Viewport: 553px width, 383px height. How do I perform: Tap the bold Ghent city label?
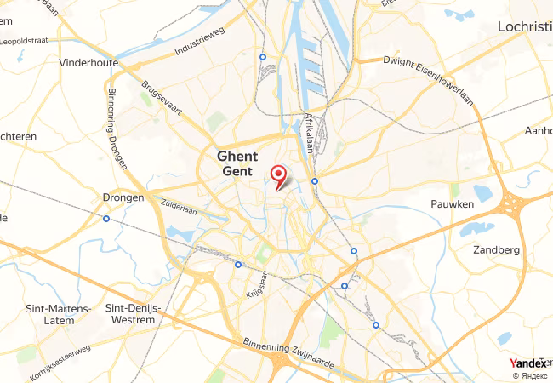pos(237,157)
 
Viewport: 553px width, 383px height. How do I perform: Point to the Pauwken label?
pos(453,205)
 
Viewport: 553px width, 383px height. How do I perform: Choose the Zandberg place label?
pos(496,250)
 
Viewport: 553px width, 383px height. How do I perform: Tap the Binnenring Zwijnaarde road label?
pos(290,351)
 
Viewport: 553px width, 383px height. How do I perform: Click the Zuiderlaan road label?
pos(179,205)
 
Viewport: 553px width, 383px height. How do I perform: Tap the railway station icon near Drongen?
pos(106,219)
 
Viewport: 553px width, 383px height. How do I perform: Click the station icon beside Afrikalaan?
pos(315,180)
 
